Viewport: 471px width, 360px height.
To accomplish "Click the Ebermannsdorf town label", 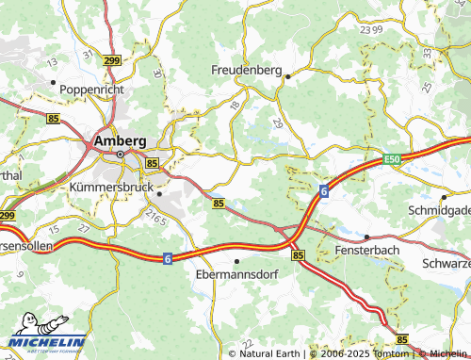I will click(x=236, y=274).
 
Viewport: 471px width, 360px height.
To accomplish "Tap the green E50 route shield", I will click(x=394, y=161).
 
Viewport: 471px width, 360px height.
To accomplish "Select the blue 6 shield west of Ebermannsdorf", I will click(x=166, y=257).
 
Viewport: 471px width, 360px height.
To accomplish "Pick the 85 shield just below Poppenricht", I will click(x=52, y=118).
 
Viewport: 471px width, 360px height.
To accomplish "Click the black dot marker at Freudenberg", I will click(x=288, y=75).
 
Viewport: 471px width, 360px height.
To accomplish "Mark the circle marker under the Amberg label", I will click(x=120, y=155).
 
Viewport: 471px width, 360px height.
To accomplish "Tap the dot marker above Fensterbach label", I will click(x=367, y=237).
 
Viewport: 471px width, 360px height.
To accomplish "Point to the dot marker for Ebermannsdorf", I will click(x=236, y=260).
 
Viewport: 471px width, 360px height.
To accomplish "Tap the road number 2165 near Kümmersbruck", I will click(x=155, y=219).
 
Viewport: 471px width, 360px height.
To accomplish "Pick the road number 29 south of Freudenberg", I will click(x=276, y=123).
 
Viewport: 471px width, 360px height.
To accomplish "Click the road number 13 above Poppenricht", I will click(x=52, y=61).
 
